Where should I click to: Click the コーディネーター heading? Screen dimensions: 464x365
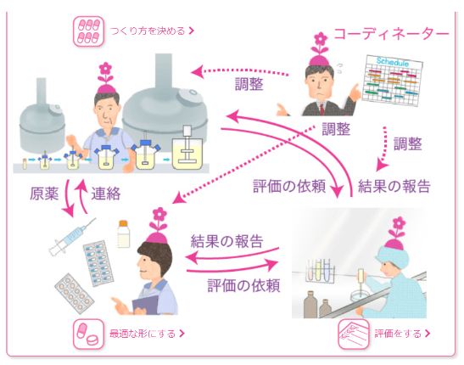391,34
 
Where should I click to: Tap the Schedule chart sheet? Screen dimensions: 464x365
393,80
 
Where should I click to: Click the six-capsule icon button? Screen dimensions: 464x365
88,31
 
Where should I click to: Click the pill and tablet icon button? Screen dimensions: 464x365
88,334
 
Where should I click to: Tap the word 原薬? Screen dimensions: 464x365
44,194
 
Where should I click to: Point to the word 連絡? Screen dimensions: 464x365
106,194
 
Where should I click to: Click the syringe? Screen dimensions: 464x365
72,237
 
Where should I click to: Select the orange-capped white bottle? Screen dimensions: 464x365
124,234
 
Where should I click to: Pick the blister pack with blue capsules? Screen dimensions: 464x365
98,263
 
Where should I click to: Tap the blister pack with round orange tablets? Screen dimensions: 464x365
74,294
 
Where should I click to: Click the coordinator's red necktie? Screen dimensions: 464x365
322,109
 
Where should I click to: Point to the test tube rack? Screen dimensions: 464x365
320,272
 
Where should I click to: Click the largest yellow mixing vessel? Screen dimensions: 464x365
187,154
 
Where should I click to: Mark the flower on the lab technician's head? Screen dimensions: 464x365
399,228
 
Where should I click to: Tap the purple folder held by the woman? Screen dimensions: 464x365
145,305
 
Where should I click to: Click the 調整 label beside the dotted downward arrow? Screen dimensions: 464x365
407,143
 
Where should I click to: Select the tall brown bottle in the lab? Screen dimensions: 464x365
310,305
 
